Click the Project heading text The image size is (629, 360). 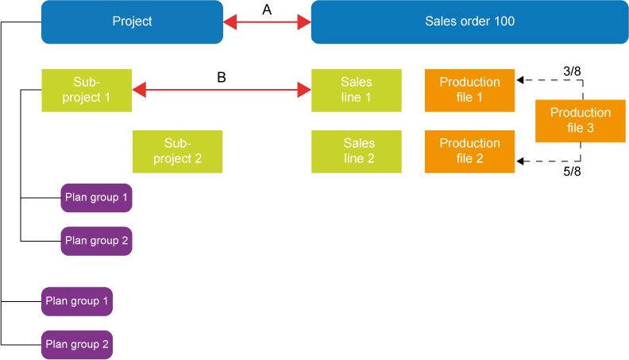(132, 21)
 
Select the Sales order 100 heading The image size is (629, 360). (469, 21)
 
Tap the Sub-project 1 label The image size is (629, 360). (87, 90)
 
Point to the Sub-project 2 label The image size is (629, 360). (177, 151)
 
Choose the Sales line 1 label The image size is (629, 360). (356, 90)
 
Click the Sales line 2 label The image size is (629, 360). (359, 151)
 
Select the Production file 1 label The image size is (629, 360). (469, 90)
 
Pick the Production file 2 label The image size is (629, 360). (469, 151)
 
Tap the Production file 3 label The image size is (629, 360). (581, 120)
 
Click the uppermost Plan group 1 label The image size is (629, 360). (96, 197)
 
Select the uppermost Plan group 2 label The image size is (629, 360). (96, 241)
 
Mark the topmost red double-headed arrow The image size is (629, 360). (267, 21)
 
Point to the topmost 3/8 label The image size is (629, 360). (571, 71)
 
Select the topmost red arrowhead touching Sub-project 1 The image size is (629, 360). (138, 89)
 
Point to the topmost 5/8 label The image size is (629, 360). (572, 170)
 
